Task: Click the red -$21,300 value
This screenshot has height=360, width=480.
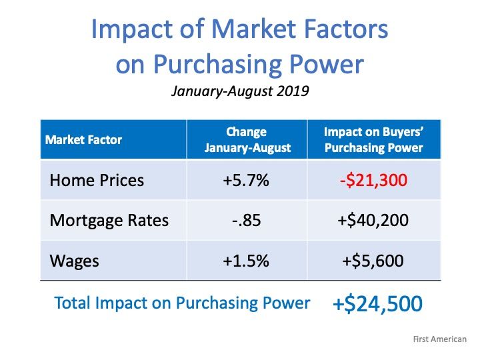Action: [373, 180]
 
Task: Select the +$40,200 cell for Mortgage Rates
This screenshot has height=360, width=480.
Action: [373, 221]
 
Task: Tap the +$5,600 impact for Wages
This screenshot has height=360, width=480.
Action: [373, 261]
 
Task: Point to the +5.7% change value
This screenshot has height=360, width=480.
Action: [246, 180]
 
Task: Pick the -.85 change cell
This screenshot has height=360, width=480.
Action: [247, 221]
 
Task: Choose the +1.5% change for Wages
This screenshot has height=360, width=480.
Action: [246, 261]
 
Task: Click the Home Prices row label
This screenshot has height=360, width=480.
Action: [97, 180]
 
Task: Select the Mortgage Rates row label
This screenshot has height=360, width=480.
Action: [109, 221]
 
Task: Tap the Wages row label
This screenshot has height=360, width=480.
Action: [75, 261]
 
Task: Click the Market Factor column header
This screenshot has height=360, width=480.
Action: [83, 140]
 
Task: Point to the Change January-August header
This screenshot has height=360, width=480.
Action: [247, 139]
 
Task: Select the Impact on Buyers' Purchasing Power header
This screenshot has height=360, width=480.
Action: [374, 139]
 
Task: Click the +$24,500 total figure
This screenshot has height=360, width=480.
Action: [377, 304]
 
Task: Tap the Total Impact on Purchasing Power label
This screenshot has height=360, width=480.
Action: [183, 303]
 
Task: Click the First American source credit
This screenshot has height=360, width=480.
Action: [440, 339]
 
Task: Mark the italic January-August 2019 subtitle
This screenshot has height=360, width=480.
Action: [240, 91]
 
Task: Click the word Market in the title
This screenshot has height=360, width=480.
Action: [254, 29]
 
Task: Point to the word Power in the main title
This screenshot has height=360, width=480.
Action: [326, 64]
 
